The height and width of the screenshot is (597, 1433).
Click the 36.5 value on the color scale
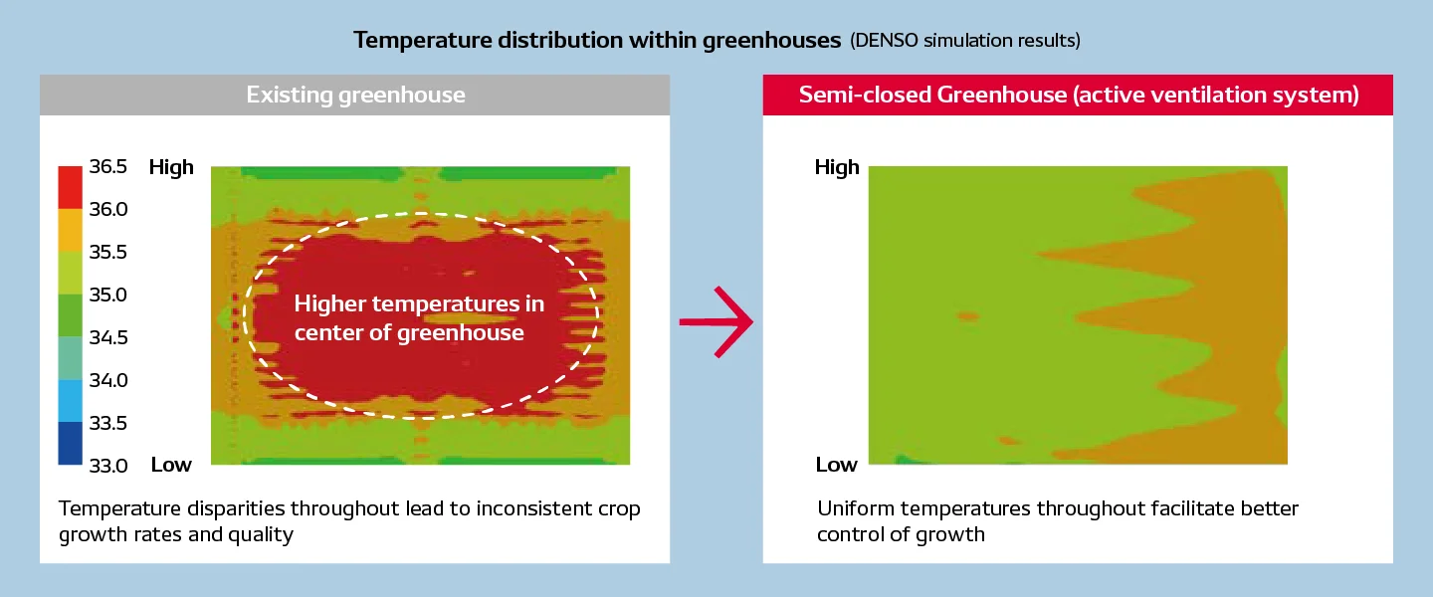click(108, 166)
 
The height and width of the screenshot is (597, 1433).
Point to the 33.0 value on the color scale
click(108, 466)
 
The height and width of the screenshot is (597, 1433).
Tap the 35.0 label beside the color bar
click(108, 295)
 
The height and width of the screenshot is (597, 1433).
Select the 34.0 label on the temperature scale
click(108, 380)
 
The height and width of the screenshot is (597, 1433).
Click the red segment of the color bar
click(71, 187)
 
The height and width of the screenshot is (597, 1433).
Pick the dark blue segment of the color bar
click(71, 443)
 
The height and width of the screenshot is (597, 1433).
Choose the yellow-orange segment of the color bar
click(71, 230)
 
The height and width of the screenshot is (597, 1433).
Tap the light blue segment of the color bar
click(71, 401)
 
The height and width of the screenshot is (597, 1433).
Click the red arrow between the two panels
click(716, 321)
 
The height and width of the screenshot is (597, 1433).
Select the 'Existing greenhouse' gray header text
click(355, 95)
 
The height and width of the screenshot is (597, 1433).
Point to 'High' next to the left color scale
click(171, 167)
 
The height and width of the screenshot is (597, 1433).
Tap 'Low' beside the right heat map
click(836, 465)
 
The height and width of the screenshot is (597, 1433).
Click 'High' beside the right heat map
click(837, 167)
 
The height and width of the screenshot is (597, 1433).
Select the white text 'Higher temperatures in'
click(419, 303)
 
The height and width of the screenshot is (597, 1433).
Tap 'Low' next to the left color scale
click(171, 465)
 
